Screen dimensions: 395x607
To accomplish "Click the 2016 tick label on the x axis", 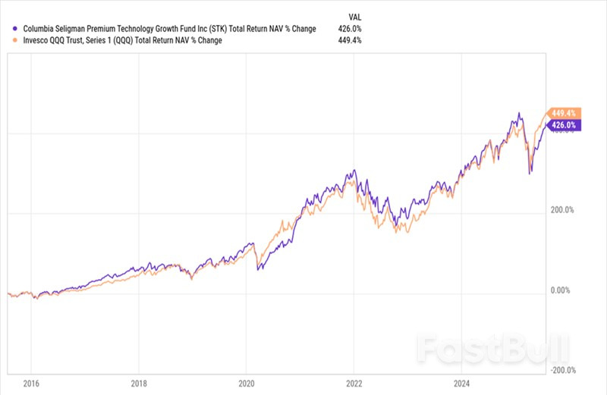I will [31, 384].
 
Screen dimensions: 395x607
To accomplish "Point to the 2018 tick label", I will [139, 384].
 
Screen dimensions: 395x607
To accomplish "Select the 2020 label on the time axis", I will [247, 384].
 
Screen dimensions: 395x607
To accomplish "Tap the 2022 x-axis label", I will [354, 384].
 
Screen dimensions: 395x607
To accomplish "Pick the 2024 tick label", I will [461, 384].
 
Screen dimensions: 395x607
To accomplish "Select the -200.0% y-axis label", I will [565, 371].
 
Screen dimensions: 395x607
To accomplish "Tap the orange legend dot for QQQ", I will [8, 41].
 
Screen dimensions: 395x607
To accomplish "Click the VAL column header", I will [354, 15].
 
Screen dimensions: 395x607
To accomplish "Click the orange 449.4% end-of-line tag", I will [563, 112].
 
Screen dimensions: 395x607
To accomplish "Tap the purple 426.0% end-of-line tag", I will [563, 125].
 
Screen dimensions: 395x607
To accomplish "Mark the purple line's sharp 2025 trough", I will [530, 174].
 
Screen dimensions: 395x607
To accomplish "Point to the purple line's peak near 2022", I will [353, 171].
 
